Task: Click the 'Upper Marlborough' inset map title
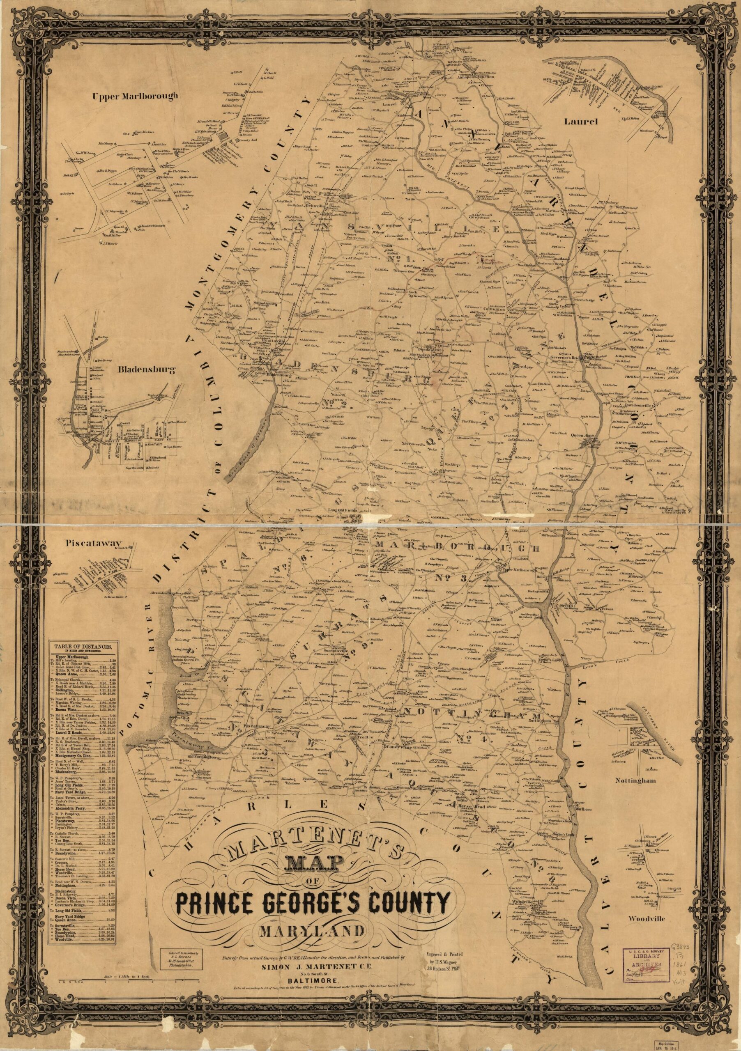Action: click(x=134, y=96)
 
